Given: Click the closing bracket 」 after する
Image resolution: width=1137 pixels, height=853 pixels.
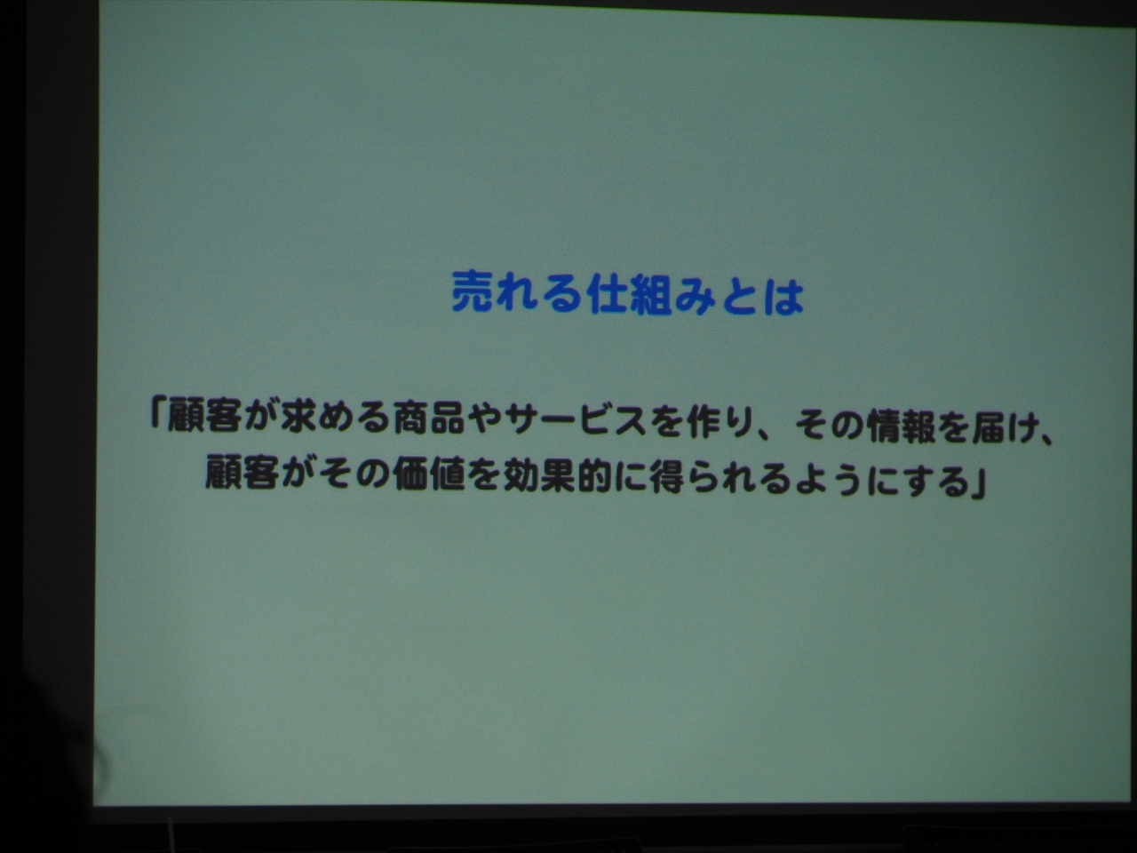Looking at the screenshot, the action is pyautogui.click(x=977, y=486).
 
